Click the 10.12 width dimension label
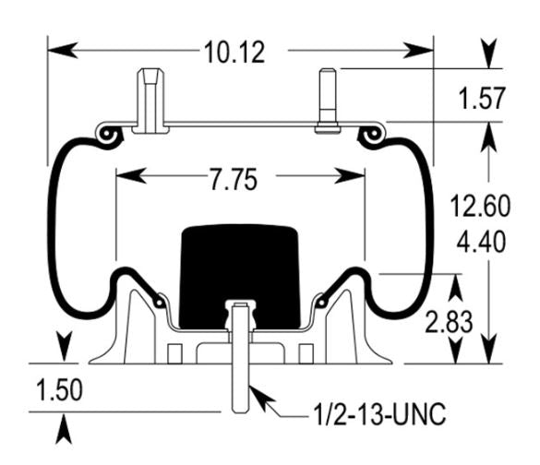coord(234,53)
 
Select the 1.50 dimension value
coord(58,391)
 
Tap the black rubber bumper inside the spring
coord(240,272)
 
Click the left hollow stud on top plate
coord(149,100)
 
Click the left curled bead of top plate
coord(108,136)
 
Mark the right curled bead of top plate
coord(374,136)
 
